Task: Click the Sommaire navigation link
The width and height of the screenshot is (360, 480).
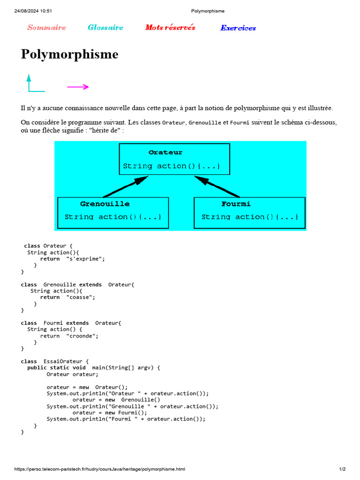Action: (46, 28)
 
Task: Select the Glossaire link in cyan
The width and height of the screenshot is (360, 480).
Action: (105, 28)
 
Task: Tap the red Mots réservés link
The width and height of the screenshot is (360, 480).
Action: (170, 28)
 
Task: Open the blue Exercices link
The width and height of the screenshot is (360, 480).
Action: (238, 28)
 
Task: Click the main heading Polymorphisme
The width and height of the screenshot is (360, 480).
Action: (69, 54)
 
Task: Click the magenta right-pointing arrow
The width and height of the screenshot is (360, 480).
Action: (78, 87)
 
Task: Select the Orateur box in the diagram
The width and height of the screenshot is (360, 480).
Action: (174, 159)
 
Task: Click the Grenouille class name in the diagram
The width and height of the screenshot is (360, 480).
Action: (105, 204)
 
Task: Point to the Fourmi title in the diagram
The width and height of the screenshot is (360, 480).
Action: (236, 204)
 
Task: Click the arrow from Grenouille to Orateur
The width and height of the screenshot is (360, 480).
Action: (126, 187)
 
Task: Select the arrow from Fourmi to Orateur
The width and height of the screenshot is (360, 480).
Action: (217, 187)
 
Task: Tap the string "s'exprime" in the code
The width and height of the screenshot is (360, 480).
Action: (86, 259)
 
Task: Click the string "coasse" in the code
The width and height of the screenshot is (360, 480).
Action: (81, 297)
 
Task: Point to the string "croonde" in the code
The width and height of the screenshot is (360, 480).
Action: (82, 336)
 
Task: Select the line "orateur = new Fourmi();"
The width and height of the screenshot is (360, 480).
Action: (110, 412)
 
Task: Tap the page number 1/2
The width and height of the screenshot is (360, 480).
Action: (342, 469)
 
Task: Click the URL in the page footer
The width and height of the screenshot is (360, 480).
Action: (100, 469)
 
